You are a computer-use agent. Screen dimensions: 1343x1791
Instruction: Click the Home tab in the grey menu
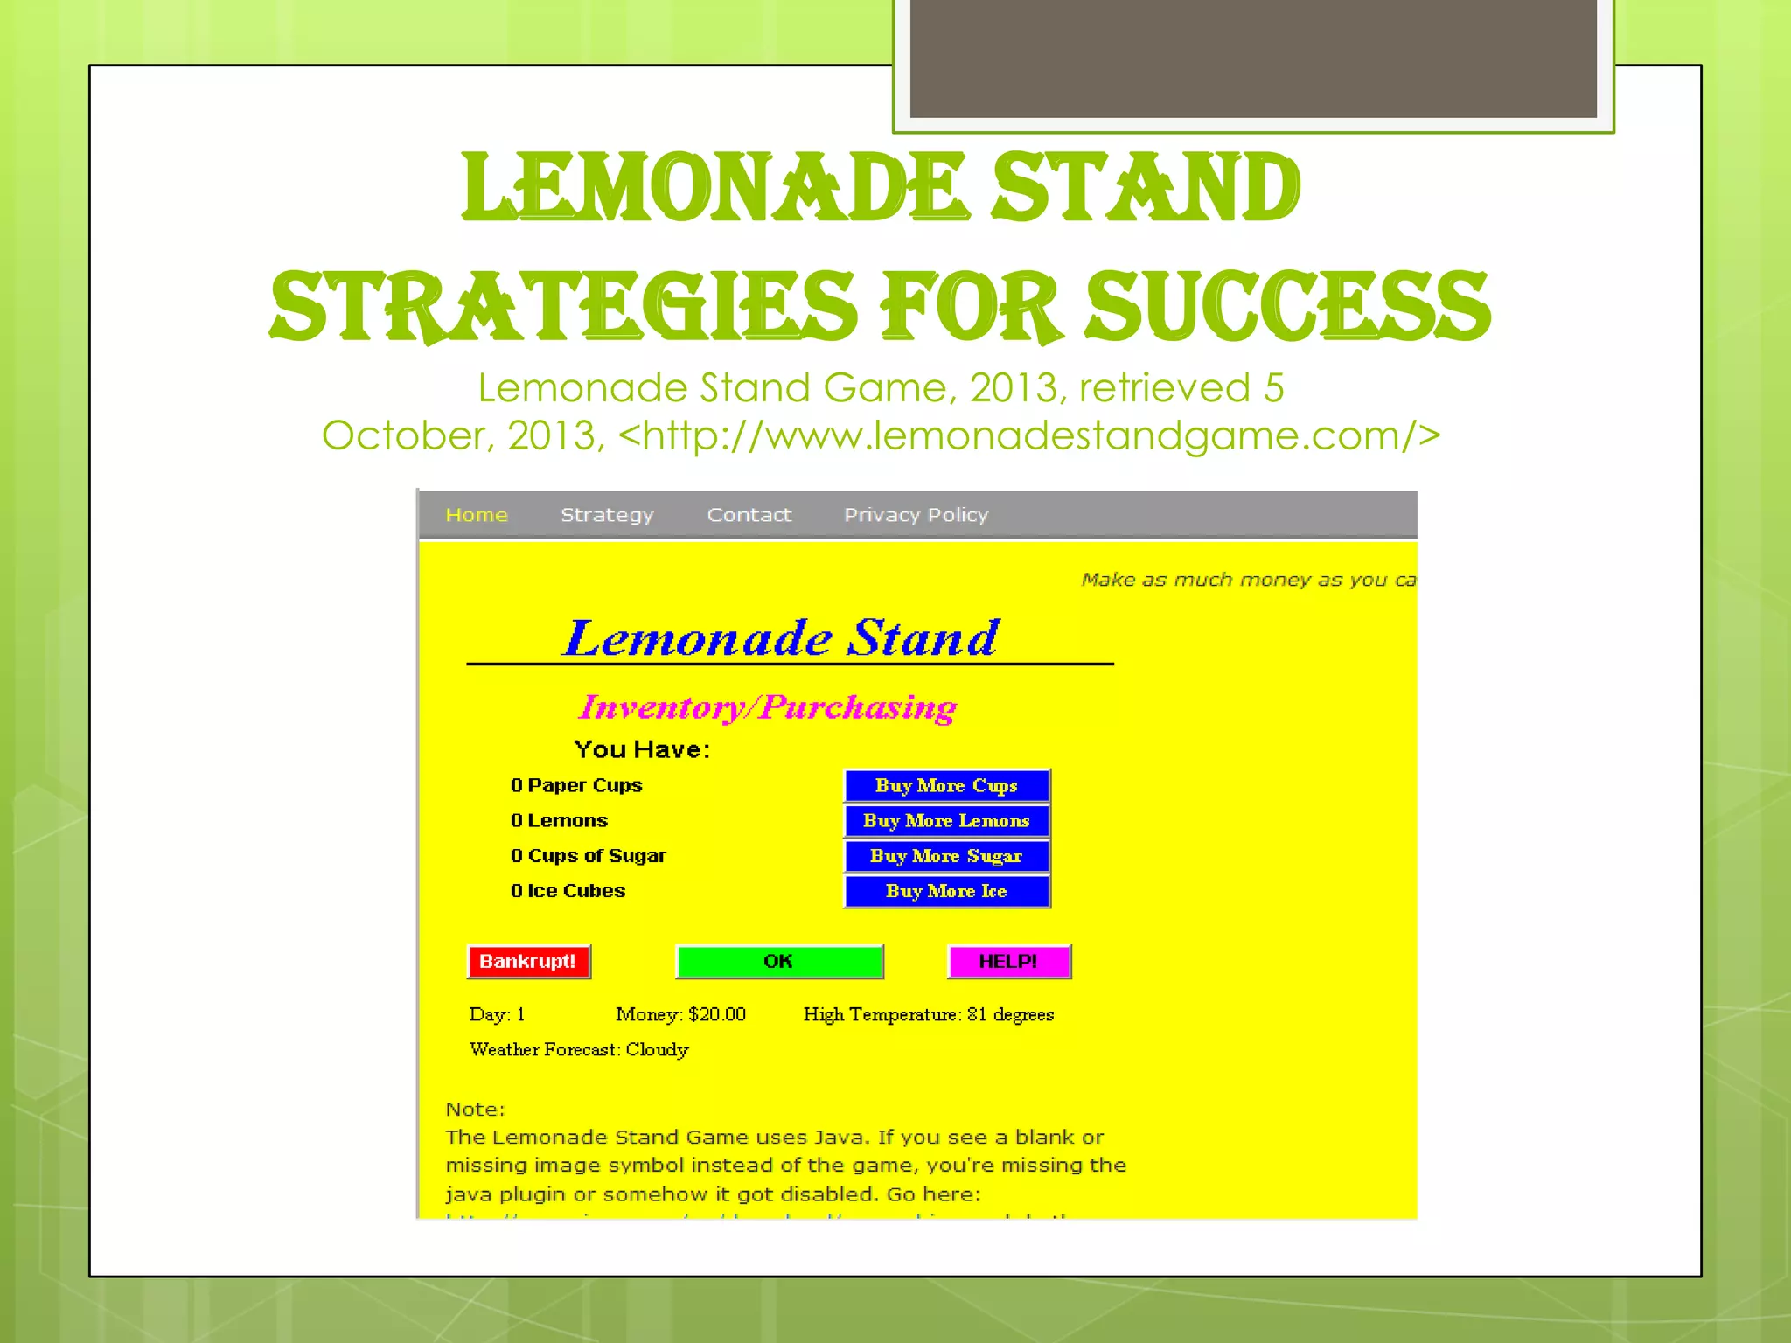point(476,515)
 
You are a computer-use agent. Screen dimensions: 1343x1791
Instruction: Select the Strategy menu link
point(607,515)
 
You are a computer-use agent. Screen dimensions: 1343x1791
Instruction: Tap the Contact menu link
point(749,515)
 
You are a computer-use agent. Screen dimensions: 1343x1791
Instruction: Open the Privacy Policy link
point(916,515)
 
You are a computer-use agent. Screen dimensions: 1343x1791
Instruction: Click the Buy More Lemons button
point(946,821)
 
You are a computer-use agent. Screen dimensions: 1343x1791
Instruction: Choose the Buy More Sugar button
point(946,856)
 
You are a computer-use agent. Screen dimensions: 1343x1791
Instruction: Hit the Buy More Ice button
point(946,891)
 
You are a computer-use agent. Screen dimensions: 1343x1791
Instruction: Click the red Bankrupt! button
point(528,962)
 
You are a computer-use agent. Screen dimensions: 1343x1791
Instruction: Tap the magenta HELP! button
point(1008,962)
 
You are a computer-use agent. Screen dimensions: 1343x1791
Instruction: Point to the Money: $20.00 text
point(680,1014)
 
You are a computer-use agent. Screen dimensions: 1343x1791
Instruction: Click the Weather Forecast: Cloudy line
point(579,1049)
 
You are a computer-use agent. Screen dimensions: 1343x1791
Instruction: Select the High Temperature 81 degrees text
point(928,1014)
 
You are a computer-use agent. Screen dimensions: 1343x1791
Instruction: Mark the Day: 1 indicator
point(497,1014)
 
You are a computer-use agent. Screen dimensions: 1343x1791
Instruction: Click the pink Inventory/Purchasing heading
point(767,707)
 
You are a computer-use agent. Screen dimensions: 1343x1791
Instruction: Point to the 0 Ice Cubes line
point(568,891)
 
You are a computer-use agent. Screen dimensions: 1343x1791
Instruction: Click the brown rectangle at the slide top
point(1252,58)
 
